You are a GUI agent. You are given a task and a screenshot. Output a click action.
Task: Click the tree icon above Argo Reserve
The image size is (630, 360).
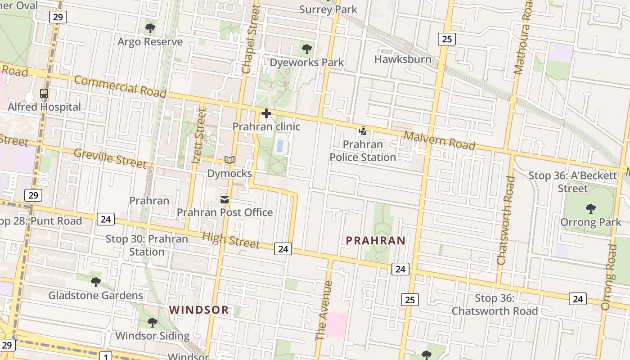[150, 29]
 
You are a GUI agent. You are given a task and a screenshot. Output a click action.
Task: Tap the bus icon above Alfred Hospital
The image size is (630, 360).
[44, 94]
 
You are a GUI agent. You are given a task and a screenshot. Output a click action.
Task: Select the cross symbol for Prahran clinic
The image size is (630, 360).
[266, 113]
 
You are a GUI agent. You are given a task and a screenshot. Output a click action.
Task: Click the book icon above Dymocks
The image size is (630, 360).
[229, 160]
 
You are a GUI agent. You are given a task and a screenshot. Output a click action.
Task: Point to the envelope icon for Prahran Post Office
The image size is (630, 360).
[225, 200]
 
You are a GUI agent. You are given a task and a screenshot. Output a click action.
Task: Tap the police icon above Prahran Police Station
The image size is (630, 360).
[362, 131]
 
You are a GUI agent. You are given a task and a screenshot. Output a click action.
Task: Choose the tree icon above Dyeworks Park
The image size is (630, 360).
[307, 49]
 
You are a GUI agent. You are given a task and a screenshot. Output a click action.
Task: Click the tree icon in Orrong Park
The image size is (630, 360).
[591, 209]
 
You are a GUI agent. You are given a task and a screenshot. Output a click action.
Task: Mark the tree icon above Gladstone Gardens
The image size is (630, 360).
[96, 282]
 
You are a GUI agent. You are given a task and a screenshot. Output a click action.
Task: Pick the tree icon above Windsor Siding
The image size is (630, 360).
[153, 323]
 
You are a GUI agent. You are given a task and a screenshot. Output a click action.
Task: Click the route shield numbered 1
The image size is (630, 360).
[106, 357]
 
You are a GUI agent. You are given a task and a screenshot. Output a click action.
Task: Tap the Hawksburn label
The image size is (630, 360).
[403, 59]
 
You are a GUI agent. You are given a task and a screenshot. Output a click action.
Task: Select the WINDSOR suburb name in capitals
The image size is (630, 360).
[199, 310]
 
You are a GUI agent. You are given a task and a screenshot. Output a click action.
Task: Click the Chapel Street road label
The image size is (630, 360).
[251, 40]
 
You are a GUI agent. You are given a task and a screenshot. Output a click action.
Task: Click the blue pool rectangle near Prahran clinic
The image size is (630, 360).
[280, 145]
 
